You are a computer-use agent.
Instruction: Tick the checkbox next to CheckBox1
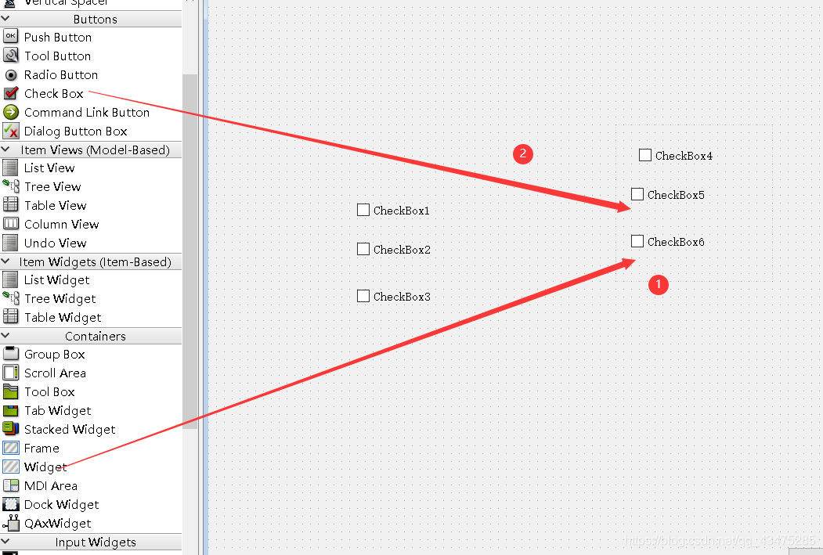tap(363, 210)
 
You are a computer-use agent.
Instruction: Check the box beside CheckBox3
tap(363, 296)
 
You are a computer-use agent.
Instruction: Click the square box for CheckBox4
tap(645, 155)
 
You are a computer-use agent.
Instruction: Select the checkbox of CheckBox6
tap(637, 241)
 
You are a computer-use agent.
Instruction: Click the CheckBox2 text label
tap(402, 250)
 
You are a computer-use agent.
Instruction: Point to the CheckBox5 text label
tap(676, 195)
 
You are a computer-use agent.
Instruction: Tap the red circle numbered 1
tap(659, 285)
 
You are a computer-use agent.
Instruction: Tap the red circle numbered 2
tap(523, 153)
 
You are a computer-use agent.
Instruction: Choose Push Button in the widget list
tap(57, 37)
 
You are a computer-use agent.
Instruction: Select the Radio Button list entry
tap(60, 74)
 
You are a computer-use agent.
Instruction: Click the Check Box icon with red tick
tap(11, 93)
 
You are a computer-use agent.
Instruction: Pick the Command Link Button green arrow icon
tap(11, 112)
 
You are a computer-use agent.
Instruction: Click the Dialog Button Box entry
tap(75, 131)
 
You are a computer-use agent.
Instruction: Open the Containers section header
tap(95, 336)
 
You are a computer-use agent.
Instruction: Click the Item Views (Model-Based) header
tap(95, 150)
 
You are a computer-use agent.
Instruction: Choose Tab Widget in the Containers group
tap(57, 410)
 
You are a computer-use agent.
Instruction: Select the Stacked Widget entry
tap(69, 429)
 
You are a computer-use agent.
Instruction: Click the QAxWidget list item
tap(57, 523)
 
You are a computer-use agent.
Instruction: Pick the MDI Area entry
tap(50, 485)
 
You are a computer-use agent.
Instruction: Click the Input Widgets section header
tap(95, 542)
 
